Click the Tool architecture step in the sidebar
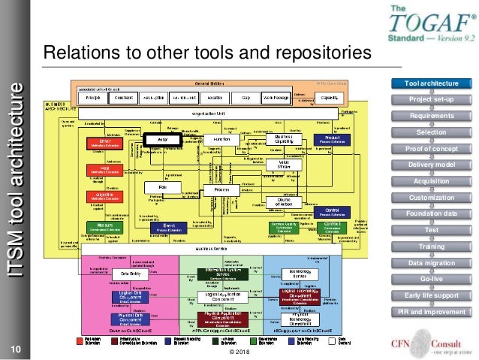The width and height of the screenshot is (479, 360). point(430,83)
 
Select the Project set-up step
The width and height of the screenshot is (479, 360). point(430,99)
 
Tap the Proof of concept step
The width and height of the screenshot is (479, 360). point(430,148)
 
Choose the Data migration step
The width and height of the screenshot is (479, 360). point(430,263)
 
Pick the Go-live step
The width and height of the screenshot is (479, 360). point(430,279)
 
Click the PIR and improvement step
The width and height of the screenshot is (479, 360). point(430,312)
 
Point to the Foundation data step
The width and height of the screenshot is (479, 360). point(430,213)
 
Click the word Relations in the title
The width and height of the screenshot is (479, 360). point(76,54)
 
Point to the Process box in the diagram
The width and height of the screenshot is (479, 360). point(221,191)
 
